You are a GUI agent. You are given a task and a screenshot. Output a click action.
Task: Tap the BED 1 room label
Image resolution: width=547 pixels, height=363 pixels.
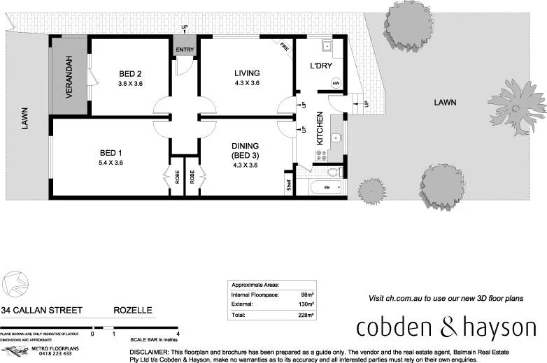click(x=111, y=153)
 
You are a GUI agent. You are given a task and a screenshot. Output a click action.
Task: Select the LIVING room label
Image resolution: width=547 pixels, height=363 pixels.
click(x=246, y=73)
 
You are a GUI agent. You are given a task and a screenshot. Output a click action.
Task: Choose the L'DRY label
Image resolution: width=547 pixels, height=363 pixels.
click(x=320, y=66)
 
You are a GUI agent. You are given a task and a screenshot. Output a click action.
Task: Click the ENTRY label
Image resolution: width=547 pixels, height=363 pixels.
click(x=185, y=50)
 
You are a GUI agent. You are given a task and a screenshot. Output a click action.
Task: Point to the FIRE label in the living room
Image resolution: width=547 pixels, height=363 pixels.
click(x=285, y=48)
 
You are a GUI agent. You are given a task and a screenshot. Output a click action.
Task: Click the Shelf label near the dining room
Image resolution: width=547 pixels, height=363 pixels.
click(x=288, y=186)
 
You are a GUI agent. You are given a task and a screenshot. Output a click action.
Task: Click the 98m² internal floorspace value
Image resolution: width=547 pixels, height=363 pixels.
click(x=306, y=295)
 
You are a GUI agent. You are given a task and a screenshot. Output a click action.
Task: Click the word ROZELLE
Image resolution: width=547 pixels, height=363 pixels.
click(x=133, y=310)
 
